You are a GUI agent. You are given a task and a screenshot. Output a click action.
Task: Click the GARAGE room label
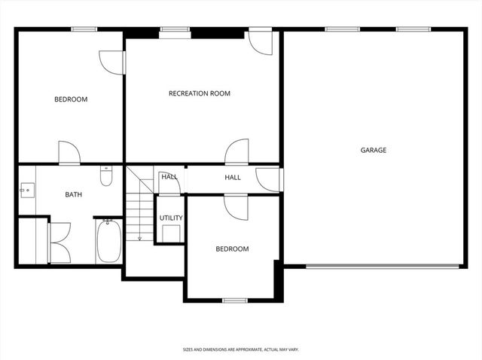point(373,150)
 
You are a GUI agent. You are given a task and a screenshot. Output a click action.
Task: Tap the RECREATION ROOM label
point(199,93)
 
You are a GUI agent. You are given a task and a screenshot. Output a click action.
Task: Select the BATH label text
point(73,194)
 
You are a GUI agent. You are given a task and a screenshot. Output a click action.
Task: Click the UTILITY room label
point(171,218)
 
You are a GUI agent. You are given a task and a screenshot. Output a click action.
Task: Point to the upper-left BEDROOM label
point(71,99)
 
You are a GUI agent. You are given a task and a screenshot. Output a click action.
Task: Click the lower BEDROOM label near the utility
point(232,249)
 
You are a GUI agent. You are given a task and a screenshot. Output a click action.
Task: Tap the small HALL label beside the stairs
point(169,177)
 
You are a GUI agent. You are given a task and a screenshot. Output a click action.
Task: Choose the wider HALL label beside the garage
point(233,177)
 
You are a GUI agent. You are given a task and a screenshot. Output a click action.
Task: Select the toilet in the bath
point(106,177)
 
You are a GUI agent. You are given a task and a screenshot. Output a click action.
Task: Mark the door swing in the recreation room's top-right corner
point(260,43)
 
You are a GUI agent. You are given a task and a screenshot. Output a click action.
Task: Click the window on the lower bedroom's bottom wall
point(235,300)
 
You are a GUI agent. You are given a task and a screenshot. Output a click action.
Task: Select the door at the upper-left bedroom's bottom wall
point(69,152)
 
